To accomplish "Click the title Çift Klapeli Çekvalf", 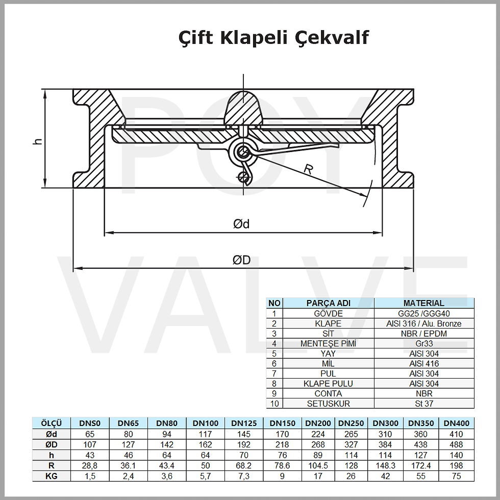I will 273,37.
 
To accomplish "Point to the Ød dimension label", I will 241,224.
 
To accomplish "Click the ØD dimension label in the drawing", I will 241,260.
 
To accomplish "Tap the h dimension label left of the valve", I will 37,140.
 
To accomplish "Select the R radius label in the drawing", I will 308,169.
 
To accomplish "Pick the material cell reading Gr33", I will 424,344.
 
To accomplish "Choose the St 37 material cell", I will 424,404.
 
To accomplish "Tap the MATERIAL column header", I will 424,303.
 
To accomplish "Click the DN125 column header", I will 244,423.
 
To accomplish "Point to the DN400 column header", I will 456,423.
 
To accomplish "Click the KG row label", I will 51,476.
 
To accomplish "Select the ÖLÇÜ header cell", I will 51,423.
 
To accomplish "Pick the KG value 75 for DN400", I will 456,476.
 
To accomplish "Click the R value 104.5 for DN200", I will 318,465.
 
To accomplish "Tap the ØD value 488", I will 456,444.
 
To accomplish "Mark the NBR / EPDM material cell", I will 424,334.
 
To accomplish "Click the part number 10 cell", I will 274,404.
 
